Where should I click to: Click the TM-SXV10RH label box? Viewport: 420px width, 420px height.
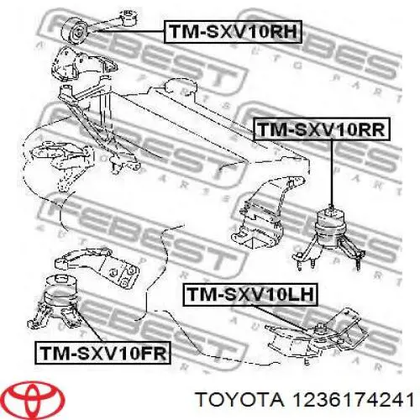(x=233, y=32)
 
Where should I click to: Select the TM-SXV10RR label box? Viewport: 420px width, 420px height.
(x=322, y=129)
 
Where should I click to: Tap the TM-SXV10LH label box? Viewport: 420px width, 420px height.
(x=250, y=295)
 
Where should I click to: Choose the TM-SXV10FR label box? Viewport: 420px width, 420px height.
(x=102, y=353)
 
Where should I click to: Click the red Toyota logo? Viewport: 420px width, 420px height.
(x=35, y=398)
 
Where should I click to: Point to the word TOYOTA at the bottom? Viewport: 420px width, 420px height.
(x=239, y=400)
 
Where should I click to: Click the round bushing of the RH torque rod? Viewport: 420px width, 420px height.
(x=76, y=32)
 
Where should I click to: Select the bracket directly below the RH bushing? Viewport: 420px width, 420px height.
(x=84, y=66)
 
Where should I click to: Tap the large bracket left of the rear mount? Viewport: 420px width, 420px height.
(x=266, y=212)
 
